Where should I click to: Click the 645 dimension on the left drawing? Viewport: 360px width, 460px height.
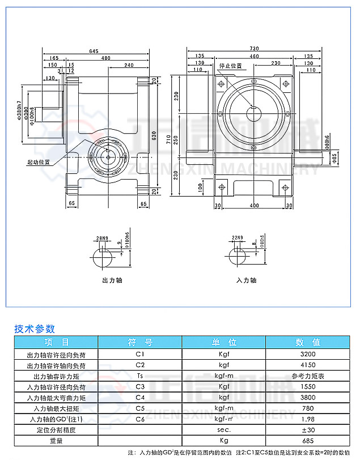[94, 52]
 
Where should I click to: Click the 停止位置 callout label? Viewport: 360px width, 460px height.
[230, 66]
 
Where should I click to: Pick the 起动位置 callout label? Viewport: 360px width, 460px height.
[39, 161]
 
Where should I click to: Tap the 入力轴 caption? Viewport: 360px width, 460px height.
[246, 280]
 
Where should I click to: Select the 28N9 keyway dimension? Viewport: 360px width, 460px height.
[102, 238]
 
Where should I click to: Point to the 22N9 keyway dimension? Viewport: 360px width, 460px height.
[238, 238]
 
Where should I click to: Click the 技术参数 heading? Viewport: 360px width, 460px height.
[35, 328]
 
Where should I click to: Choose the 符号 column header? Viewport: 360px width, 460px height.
[140, 342]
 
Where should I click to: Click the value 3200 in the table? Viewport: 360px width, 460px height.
[308, 354]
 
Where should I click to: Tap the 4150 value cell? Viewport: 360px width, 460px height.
[308, 365]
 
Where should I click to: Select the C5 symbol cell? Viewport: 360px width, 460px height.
[140, 408]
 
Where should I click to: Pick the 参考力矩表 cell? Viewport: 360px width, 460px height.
[308, 376]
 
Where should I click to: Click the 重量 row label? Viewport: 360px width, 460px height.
[56, 441]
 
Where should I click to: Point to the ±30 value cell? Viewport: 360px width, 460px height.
[308, 430]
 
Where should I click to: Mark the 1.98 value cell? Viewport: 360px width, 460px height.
[308, 419]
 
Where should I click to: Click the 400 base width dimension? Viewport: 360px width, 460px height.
[253, 205]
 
